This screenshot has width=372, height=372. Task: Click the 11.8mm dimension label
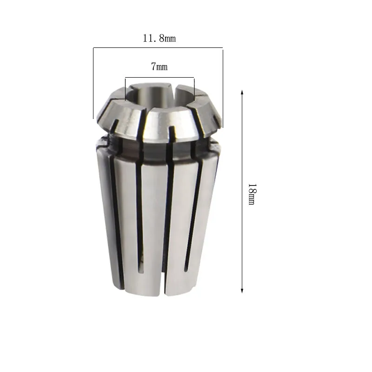tap(159, 39)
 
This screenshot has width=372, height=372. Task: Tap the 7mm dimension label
tap(159, 66)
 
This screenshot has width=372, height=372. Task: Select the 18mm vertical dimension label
tap(252, 194)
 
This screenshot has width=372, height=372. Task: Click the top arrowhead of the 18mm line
tap(242, 92)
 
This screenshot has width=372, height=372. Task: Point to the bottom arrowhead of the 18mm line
tap(242, 291)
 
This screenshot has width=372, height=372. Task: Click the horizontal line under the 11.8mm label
tap(158, 48)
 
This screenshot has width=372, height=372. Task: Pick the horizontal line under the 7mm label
tap(159, 77)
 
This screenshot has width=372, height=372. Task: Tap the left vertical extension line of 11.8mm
tap(93, 83)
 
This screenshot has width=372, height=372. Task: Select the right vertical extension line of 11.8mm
tap(223, 87)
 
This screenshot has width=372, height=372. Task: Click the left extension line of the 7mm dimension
tap(125, 89)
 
